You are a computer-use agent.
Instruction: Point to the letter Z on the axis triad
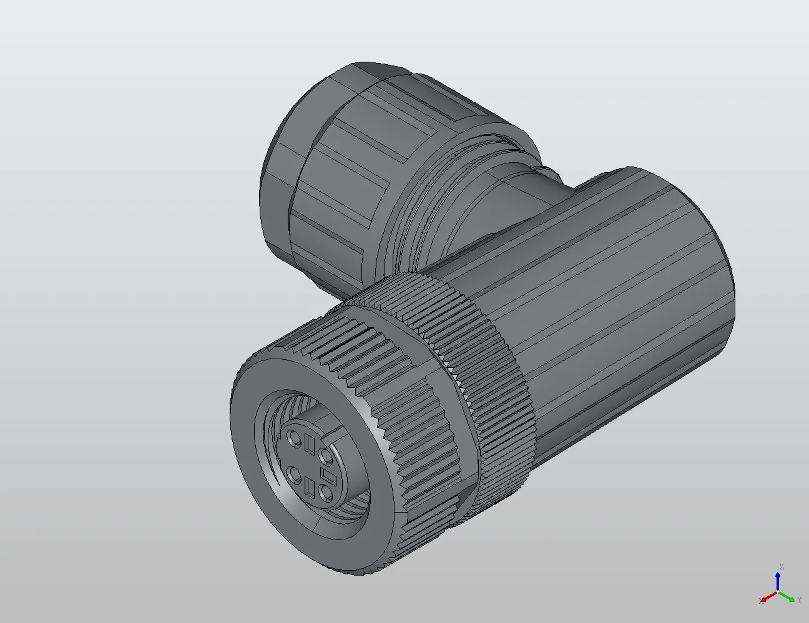tap(781, 567)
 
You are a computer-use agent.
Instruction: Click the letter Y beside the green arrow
tap(799, 600)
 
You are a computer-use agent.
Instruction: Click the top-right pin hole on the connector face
tap(325, 456)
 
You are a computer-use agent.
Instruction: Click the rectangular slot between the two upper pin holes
tap(311, 445)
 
